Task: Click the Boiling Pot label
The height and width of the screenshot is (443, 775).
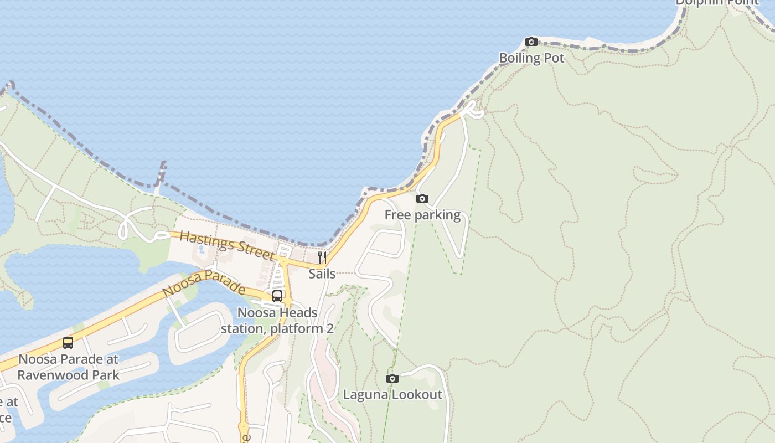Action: coord(531,58)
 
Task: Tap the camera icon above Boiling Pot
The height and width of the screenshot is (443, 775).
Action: coord(531,42)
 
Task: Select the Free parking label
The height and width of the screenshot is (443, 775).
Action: coord(422,215)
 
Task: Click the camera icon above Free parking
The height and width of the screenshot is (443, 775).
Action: coord(422,198)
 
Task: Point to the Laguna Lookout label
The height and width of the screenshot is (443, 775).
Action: coord(392,395)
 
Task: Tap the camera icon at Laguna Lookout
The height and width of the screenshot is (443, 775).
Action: coord(392,378)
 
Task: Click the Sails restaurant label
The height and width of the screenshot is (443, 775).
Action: coord(322,274)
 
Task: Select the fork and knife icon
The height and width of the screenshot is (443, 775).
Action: coord(322,257)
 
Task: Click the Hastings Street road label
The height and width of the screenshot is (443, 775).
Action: coord(228,246)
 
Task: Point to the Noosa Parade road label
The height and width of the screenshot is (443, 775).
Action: coord(204,283)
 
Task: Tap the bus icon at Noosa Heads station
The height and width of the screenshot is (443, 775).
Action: coord(277,296)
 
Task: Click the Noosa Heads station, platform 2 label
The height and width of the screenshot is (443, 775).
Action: coord(277,321)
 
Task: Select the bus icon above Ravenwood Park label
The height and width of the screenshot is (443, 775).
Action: coord(68,343)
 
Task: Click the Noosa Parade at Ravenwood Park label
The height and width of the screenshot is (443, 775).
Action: coord(68,367)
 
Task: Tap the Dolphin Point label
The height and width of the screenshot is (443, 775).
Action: coord(717,2)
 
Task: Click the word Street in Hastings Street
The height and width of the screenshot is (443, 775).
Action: coord(256,252)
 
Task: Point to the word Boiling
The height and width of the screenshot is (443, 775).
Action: coord(515,58)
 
